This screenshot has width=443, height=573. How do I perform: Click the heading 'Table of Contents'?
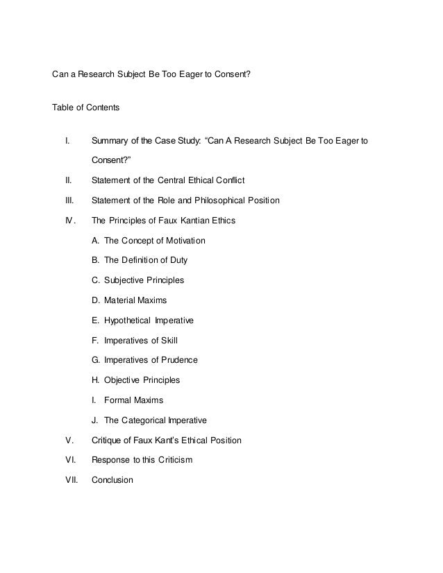coord(86,108)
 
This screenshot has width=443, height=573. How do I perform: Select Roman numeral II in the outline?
coord(68,181)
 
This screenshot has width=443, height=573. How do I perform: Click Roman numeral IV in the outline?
coord(69,221)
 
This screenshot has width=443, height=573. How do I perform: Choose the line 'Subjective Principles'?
coord(144,281)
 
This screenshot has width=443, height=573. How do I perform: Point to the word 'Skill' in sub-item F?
coord(176,341)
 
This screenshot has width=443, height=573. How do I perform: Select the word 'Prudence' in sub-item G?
coord(180,360)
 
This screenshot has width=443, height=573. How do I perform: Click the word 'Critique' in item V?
coord(107,440)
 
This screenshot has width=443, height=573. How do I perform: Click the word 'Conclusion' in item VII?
coord(112,480)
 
